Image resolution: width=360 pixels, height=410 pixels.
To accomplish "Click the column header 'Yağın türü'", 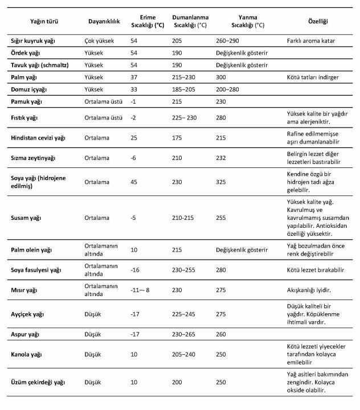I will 44,21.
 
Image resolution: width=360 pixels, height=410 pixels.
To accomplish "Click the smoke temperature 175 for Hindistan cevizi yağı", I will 177,137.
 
